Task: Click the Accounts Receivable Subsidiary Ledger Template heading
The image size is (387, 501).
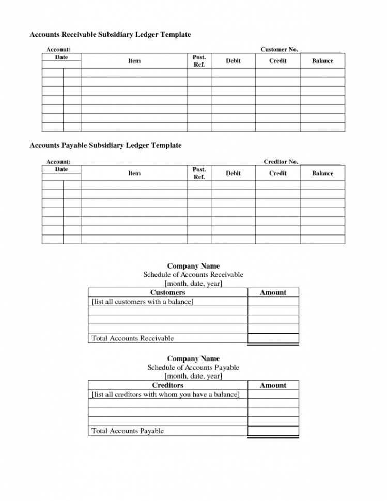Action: tap(110, 35)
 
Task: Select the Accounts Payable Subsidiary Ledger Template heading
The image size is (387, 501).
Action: tap(105, 146)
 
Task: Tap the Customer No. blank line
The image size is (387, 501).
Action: tap(320, 50)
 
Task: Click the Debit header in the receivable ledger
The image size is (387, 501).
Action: tap(233, 61)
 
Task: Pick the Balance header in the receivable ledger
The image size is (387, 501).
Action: tap(322, 61)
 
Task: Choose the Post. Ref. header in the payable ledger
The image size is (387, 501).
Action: tap(199, 174)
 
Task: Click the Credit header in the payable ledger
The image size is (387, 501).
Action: tap(277, 174)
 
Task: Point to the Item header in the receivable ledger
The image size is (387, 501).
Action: tap(134, 61)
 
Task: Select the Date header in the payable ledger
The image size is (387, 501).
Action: tap(61, 169)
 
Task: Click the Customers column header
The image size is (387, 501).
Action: tap(167, 292)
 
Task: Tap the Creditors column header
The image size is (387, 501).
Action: tap(167, 385)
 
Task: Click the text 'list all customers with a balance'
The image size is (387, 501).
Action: tap(143, 302)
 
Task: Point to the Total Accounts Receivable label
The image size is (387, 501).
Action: tap(132, 338)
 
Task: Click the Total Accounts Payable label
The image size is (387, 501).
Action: tap(128, 431)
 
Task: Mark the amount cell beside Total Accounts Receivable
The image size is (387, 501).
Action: tap(273, 338)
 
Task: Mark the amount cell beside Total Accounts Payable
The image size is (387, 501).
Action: tap(273, 431)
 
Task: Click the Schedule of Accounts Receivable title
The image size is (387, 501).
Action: tap(193, 275)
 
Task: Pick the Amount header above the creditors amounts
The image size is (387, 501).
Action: tap(273, 385)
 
